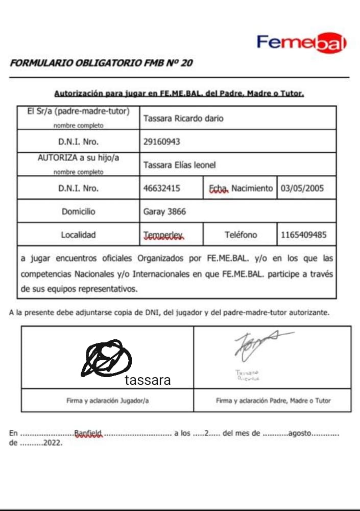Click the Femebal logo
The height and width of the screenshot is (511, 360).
coord(301,42)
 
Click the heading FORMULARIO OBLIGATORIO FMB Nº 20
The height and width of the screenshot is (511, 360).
coord(101,63)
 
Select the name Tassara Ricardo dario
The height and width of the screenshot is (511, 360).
coord(183,119)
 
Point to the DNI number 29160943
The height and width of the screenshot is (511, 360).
coord(162,142)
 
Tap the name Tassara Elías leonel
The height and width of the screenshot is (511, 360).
coord(180,165)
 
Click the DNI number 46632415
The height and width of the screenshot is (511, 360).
coord(162,188)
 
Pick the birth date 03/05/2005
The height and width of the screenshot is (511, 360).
coord(302,188)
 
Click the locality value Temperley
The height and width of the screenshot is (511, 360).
coord(163,235)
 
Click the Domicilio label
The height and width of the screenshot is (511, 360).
coord(78,211)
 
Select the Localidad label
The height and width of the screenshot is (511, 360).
coord(78,235)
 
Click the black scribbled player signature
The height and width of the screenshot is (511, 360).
coord(106,359)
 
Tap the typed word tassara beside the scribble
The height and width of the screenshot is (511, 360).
coord(148,380)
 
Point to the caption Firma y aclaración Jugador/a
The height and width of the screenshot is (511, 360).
coord(107,401)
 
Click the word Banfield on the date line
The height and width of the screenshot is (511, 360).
coord(88,433)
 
